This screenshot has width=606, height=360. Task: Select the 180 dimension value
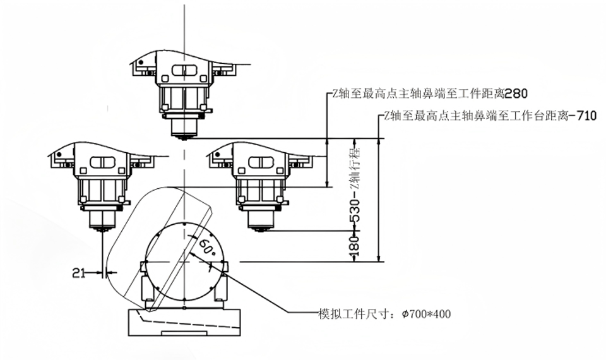point(355,246)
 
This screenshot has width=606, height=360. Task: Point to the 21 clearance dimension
point(79,273)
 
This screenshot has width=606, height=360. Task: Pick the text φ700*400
point(422,313)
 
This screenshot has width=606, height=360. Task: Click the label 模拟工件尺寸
point(352,313)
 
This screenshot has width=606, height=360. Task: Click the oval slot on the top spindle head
point(184,70)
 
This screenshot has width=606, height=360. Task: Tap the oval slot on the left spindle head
point(102,162)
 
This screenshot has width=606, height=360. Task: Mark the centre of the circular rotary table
point(184,261)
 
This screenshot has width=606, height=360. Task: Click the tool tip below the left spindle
point(101,232)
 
